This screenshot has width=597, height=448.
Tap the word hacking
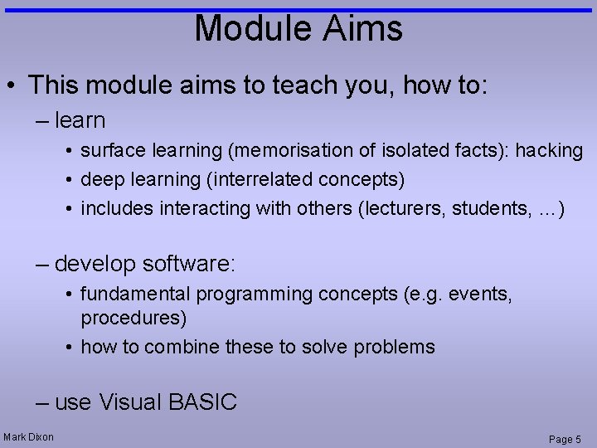549,151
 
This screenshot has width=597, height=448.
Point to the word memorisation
285,151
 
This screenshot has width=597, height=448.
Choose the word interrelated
287,180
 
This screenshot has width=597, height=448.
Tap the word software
189,264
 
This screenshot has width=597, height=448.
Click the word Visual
130,402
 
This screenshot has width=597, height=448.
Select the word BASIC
202,402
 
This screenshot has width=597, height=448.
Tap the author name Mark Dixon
29,437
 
